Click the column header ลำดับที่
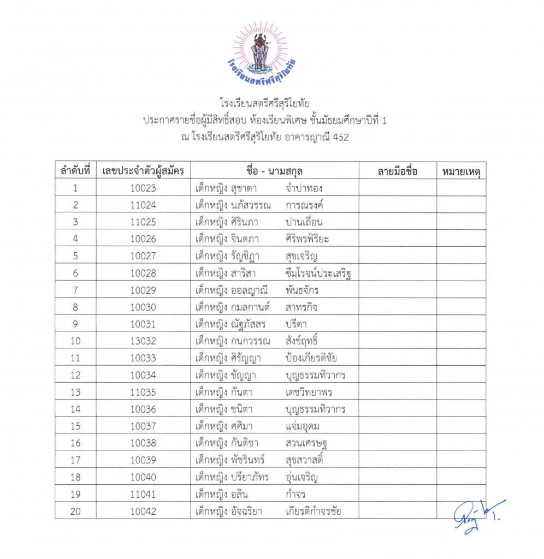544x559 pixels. tap(75, 171)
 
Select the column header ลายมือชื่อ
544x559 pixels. tap(397, 171)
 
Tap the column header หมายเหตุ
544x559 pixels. tap(461, 171)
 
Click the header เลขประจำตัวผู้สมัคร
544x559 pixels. tap(143, 171)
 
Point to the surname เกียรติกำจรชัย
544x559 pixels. tap(314, 512)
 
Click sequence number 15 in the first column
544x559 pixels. tap(75, 426)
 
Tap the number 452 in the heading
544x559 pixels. tap(339, 137)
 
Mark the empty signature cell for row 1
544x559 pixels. tap(397, 188)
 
